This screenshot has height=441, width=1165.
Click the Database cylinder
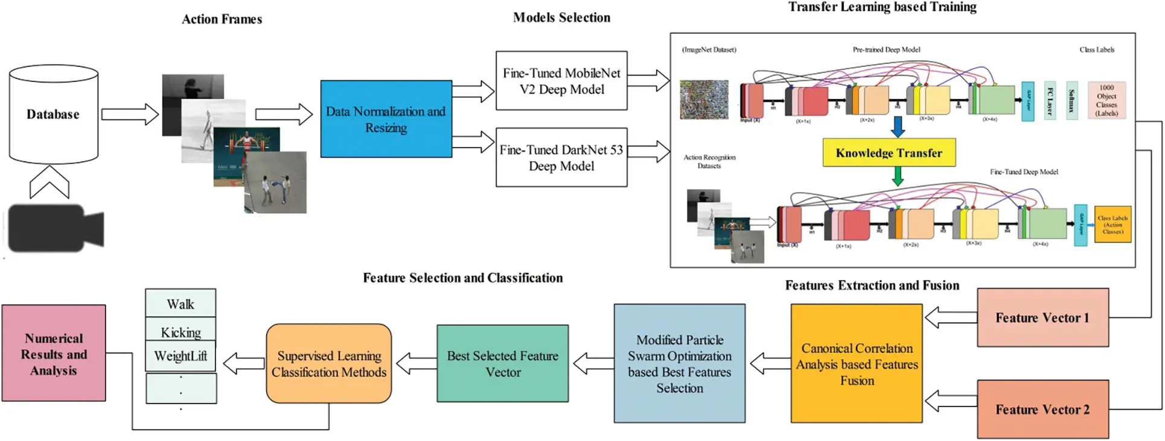[53, 115]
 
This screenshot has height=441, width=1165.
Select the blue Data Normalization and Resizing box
[386, 119]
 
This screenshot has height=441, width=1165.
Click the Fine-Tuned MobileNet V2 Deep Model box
[561, 80]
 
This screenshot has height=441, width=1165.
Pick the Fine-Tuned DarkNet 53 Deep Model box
[561, 157]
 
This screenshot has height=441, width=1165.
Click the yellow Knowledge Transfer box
[889, 153]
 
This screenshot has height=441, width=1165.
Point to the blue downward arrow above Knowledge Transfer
[898, 126]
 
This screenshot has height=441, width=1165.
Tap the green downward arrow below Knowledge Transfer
[898, 176]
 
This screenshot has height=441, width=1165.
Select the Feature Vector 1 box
[1042, 317]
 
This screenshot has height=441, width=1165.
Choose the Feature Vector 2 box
[1042, 409]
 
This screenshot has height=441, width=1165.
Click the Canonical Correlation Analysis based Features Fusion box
[857, 363]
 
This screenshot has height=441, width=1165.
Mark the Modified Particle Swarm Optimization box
[679, 363]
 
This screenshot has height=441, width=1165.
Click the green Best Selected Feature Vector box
[502, 363]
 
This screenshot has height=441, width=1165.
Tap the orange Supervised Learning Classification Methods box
[328, 363]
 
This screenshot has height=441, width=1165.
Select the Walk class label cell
[180, 303]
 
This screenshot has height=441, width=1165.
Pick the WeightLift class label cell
[180, 356]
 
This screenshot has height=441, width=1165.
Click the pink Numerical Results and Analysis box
[54, 354]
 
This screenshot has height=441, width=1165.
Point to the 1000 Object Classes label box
[1106, 100]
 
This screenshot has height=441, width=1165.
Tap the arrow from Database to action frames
[129, 114]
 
